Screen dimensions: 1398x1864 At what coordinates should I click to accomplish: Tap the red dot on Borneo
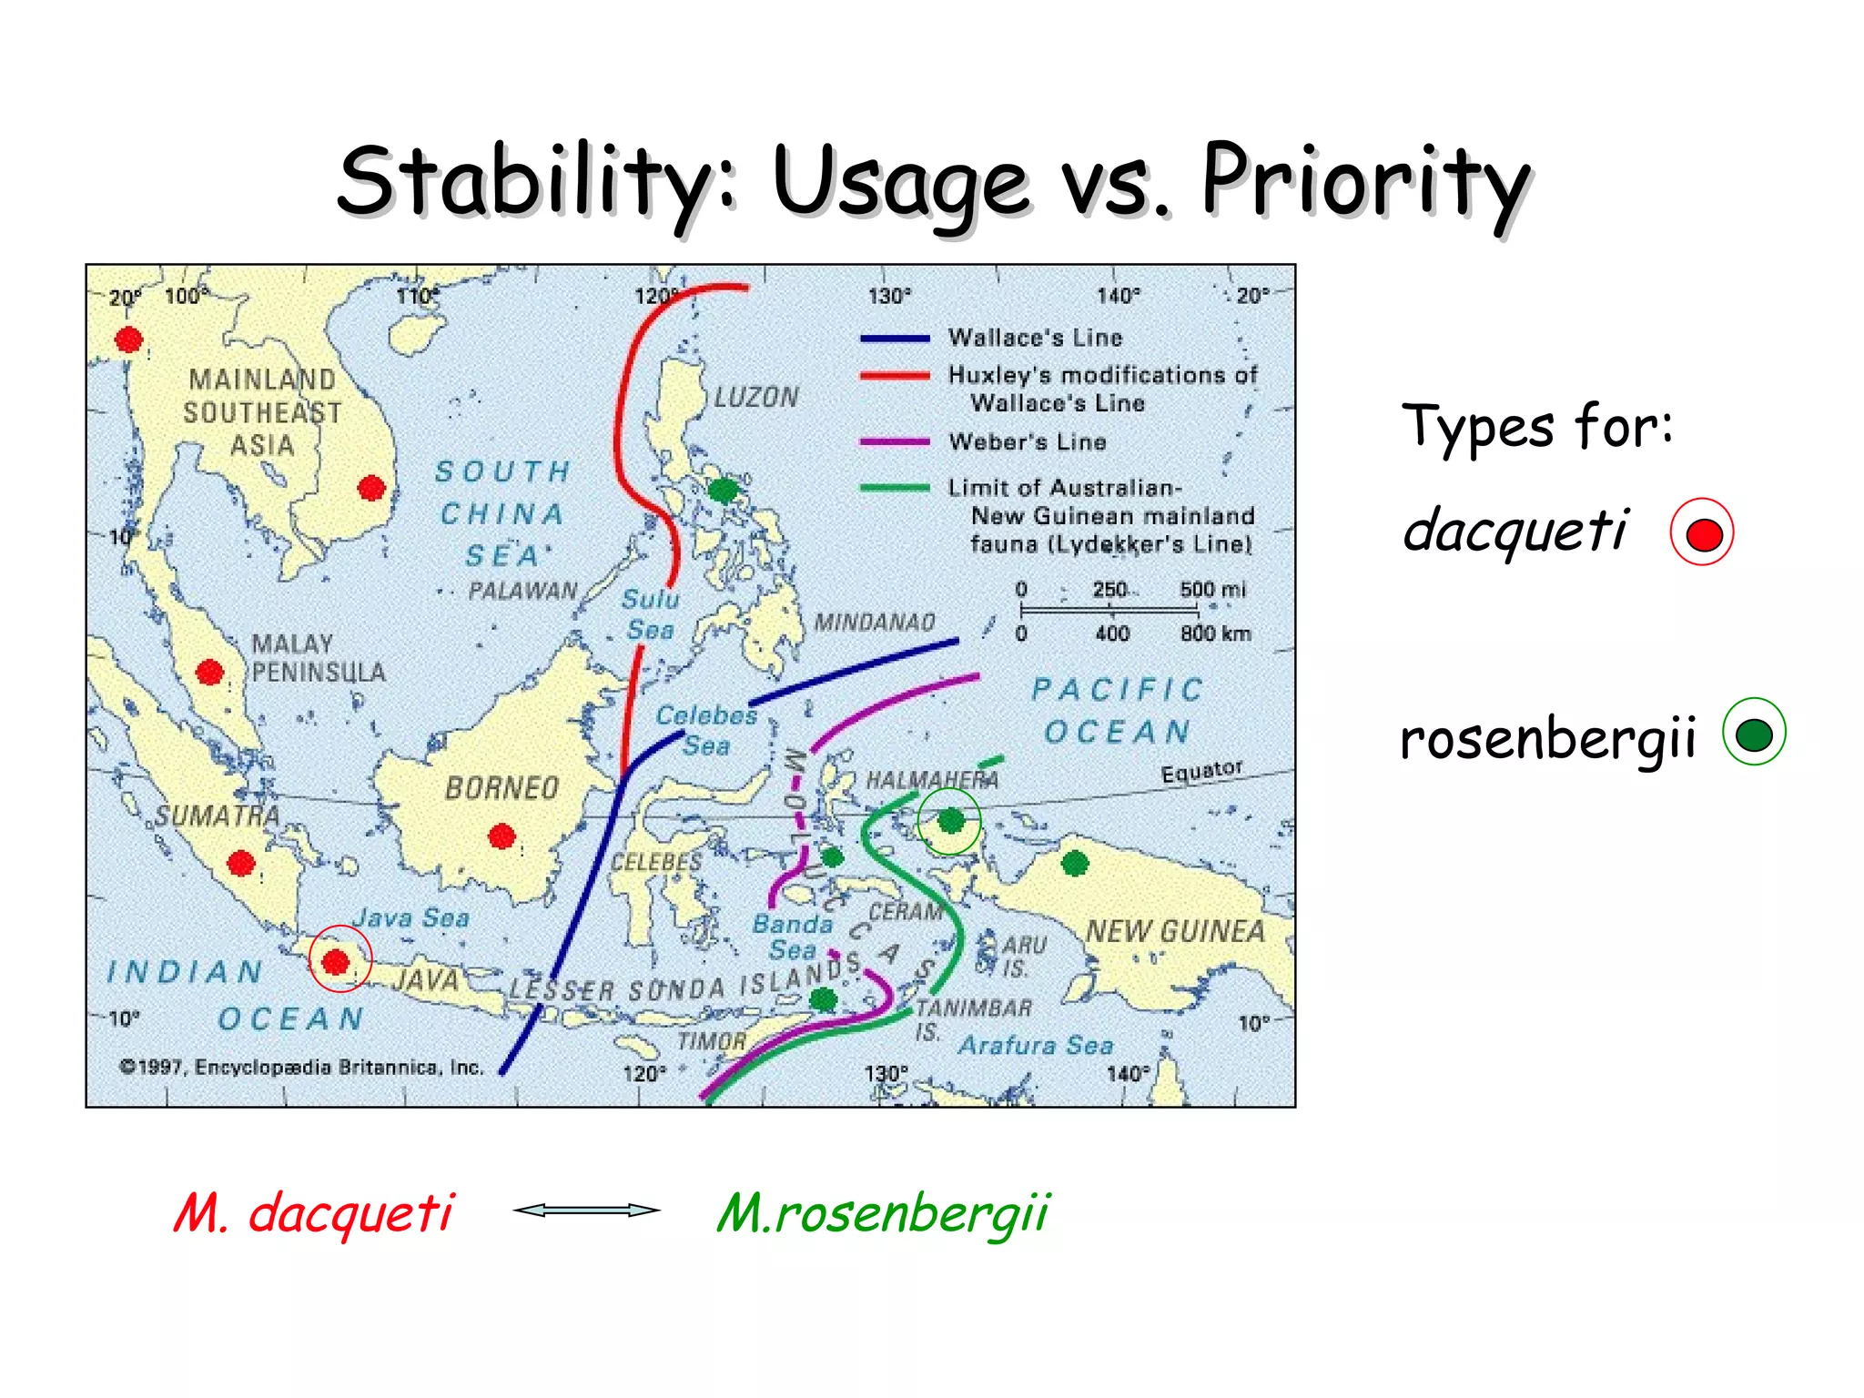click(501, 836)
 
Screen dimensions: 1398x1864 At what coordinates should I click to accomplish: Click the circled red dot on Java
click(337, 961)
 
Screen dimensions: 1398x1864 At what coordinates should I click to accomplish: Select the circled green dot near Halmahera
click(950, 821)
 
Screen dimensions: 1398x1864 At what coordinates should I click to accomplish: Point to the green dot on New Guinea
click(1075, 863)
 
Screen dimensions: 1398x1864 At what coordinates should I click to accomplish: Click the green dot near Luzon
click(723, 491)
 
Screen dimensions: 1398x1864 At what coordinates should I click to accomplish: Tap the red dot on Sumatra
click(241, 863)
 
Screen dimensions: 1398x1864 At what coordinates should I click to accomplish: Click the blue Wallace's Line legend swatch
click(895, 339)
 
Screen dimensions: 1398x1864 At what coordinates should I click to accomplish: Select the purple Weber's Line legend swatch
click(895, 442)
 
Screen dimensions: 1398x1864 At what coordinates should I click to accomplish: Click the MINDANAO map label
click(874, 623)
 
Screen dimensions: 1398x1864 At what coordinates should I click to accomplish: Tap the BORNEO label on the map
click(501, 788)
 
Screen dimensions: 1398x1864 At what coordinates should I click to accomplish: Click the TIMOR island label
click(711, 1041)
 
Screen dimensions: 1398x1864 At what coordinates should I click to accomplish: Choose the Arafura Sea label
click(1036, 1046)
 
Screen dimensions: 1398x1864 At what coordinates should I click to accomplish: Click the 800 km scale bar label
click(1215, 633)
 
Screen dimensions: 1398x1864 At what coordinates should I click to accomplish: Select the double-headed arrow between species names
click(586, 1210)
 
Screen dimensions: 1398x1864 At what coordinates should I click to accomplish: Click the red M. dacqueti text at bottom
click(313, 1214)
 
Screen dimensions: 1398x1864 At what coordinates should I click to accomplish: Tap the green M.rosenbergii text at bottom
click(883, 1214)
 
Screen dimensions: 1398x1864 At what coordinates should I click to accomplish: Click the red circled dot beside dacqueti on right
click(1702, 533)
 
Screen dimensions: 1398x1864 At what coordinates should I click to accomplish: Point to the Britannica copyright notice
click(301, 1067)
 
